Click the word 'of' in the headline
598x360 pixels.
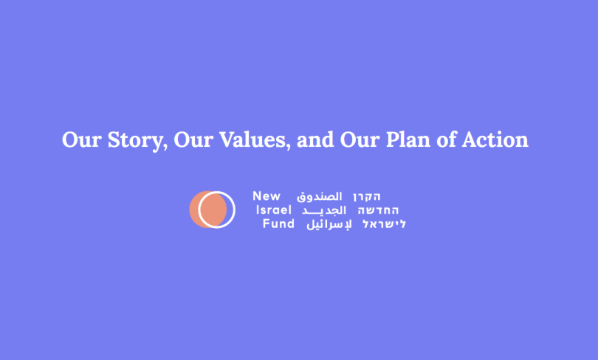pos(447,140)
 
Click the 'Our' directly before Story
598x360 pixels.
pos(80,140)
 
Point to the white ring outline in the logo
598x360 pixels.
pos(232,209)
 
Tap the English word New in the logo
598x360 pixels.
pos(267,196)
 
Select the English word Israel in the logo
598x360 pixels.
pos(274,210)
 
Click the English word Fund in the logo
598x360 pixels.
pos(279,224)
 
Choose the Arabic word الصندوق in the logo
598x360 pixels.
pos(320,197)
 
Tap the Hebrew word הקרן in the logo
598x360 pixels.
pos(367,197)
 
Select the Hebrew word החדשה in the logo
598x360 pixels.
pos(374,210)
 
